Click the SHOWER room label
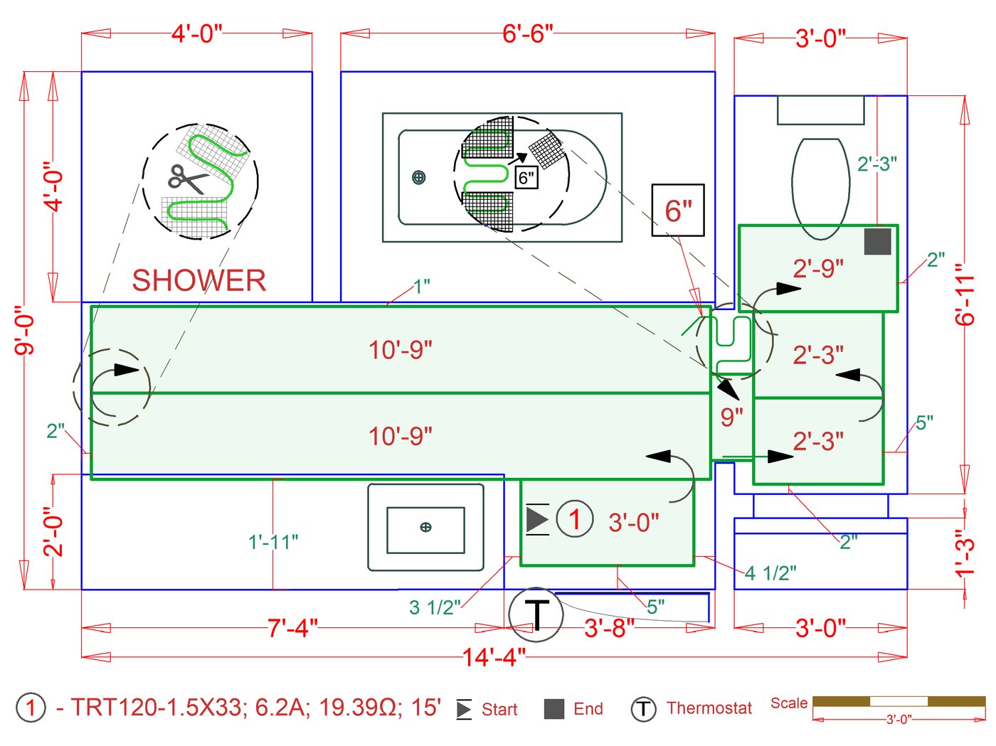198,280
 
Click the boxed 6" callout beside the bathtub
678,211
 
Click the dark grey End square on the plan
877,241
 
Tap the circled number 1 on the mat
574,519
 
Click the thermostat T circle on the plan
536,614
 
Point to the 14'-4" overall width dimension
494,657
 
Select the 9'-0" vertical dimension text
25,330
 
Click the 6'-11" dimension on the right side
964,294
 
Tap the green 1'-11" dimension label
273,542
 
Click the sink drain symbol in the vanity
425,527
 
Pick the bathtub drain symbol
419,177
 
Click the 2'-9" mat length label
818,268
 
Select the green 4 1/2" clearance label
770,573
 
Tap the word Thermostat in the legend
709,708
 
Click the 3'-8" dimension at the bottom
609,628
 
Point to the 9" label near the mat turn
731,417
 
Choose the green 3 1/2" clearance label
435,607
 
